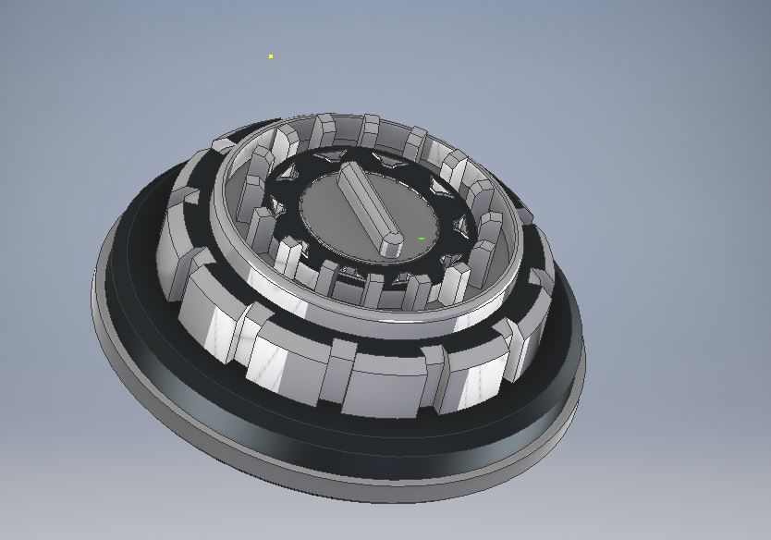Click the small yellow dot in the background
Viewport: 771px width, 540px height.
pos(271,56)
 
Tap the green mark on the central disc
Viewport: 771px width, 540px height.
pos(422,239)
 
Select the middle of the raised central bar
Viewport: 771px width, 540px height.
pos(367,206)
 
